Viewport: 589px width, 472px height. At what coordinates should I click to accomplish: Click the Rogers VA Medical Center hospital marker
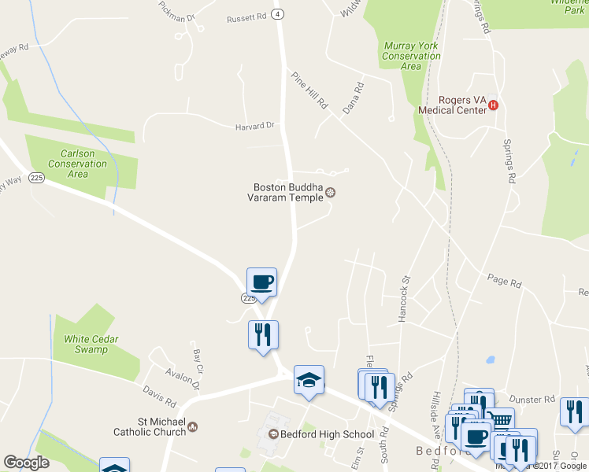pyautogui.click(x=494, y=105)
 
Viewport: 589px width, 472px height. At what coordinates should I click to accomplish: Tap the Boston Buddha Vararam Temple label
pyautogui.click(x=288, y=193)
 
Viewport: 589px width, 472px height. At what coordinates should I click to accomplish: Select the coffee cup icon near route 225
pyautogui.click(x=261, y=282)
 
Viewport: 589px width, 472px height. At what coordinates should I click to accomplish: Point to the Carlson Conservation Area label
pyautogui.click(x=77, y=164)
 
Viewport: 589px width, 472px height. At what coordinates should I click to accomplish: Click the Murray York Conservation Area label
pyautogui.click(x=411, y=56)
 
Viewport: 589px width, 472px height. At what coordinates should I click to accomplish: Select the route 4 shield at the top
pyautogui.click(x=278, y=13)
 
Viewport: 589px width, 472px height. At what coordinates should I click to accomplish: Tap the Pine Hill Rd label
pyautogui.click(x=309, y=90)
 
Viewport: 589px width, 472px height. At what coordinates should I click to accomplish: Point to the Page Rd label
pyautogui.click(x=504, y=281)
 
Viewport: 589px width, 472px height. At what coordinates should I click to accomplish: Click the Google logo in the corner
pyautogui.click(x=26, y=463)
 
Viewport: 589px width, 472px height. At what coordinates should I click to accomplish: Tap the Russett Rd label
pyautogui.click(x=246, y=17)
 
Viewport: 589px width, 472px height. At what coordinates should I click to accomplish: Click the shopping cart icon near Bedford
pyautogui.click(x=499, y=420)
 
